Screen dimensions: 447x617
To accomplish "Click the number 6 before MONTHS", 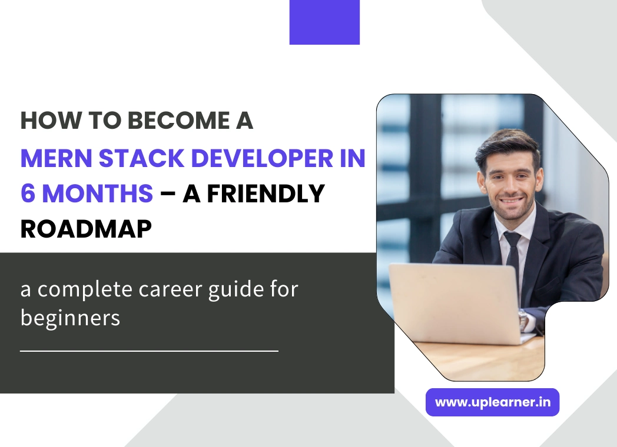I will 27,194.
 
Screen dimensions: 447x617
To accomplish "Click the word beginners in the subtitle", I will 70,318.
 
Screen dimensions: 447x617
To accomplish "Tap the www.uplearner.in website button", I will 492,402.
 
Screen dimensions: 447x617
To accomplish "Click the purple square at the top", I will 324,22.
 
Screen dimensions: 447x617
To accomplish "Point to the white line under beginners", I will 149,351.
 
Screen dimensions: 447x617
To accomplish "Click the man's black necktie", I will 512,253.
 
